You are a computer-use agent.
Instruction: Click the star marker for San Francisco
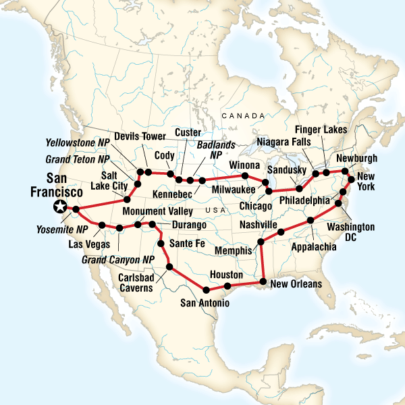[61, 207]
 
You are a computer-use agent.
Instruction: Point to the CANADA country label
[244, 116]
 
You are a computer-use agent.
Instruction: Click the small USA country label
[217, 211]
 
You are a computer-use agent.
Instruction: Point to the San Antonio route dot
[204, 290]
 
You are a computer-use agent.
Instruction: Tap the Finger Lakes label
[321, 129]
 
